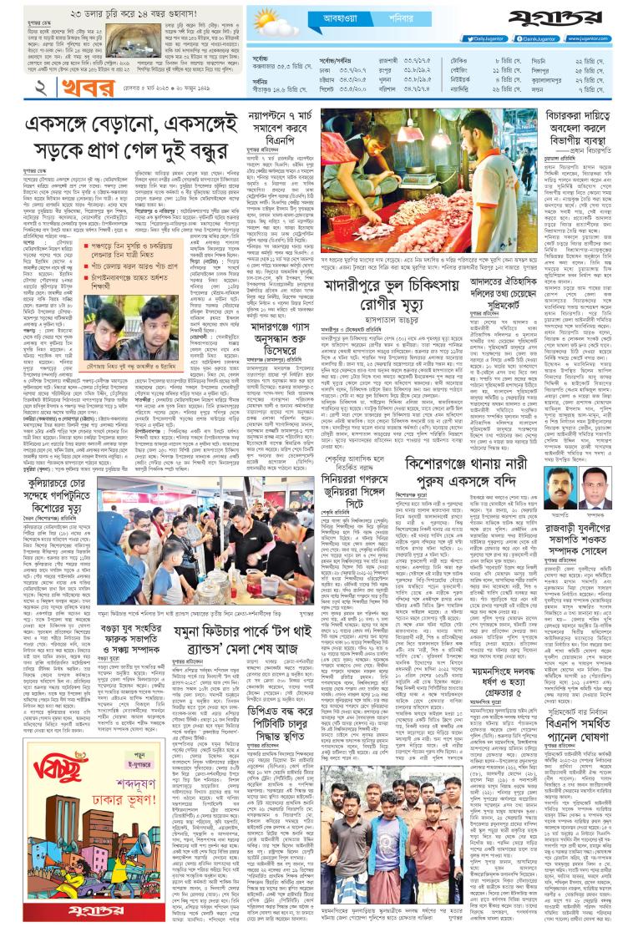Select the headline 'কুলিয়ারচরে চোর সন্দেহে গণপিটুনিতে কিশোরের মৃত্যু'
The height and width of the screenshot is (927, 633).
(63, 491)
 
